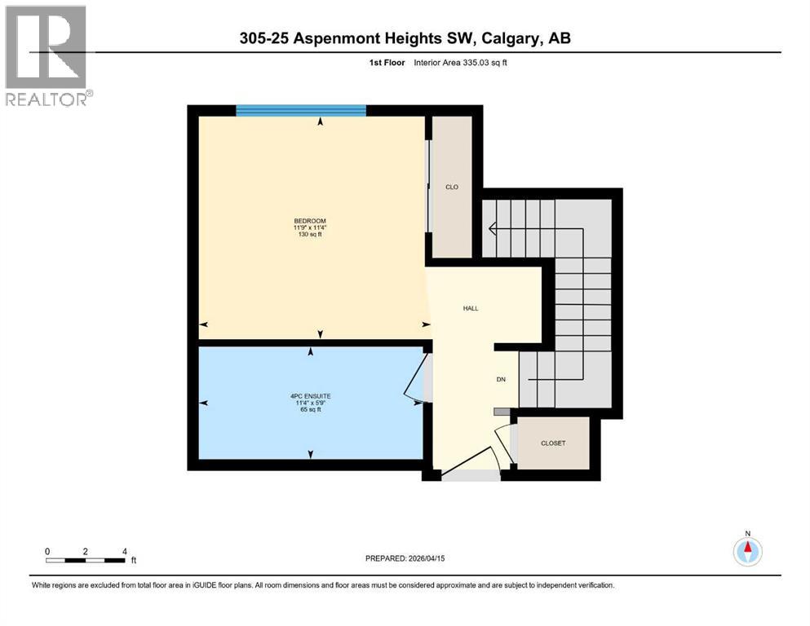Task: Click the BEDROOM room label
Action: (309, 220)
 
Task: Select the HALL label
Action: (471, 308)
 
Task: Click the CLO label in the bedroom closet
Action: (451, 187)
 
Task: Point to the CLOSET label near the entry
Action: (553, 443)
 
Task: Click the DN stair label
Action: (502, 379)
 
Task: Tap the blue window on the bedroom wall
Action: (299, 110)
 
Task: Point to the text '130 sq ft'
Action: (309, 235)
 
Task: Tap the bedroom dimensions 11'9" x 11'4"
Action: (309, 227)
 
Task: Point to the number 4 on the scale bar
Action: (124, 551)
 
